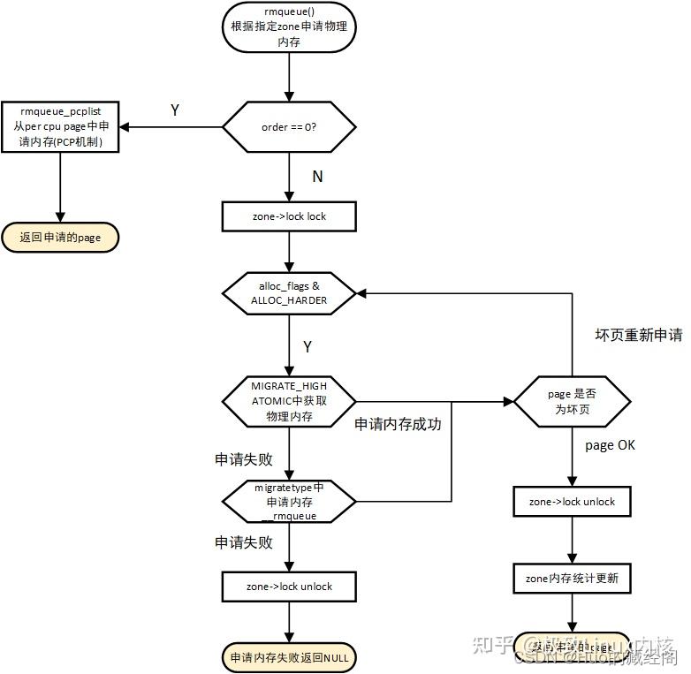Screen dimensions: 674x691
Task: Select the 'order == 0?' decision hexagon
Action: click(x=288, y=126)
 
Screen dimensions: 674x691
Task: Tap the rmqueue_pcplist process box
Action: click(x=60, y=126)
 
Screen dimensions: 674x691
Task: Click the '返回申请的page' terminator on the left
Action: click(x=60, y=237)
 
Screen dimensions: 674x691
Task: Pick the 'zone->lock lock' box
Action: click(x=289, y=216)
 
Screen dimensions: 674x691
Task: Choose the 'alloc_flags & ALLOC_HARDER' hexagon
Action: click(x=288, y=292)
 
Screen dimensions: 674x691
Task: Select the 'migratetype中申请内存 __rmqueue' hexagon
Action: click(x=289, y=502)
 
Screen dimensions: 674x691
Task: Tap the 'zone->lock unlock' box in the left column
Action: click(x=289, y=587)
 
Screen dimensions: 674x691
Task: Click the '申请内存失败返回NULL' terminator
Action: click(x=289, y=657)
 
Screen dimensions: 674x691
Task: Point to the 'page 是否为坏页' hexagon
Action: click(x=573, y=403)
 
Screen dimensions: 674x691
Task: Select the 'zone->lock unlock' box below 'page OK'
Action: click(x=573, y=502)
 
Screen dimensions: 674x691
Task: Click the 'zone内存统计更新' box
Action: click(x=573, y=579)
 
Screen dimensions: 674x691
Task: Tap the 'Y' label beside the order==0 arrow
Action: click(x=175, y=110)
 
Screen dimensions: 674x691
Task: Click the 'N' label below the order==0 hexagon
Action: click(x=317, y=177)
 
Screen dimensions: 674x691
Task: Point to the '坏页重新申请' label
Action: click(x=639, y=336)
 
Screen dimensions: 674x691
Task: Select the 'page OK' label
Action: click(x=611, y=445)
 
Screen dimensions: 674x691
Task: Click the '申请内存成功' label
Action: click(x=398, y=424)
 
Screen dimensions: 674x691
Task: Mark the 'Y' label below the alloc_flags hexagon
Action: click(x=308, y=347)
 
